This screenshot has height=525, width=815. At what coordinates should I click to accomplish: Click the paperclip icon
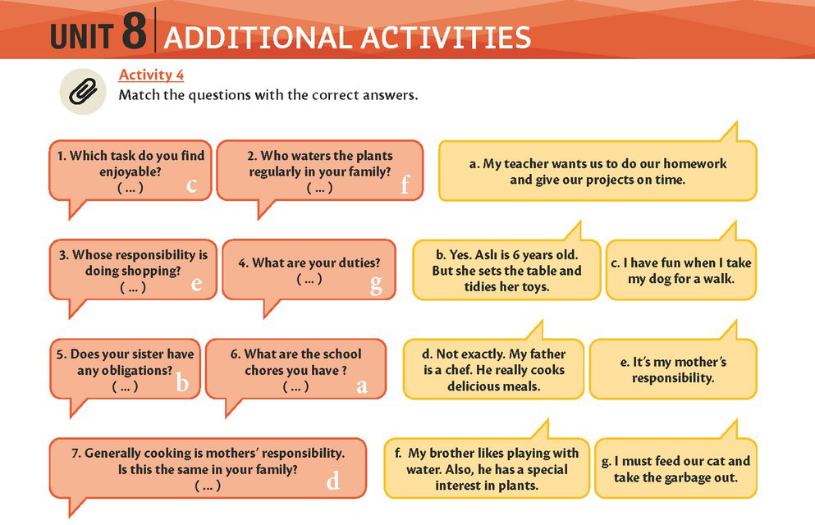[x=83, y=91]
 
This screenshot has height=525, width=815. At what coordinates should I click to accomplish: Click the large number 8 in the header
[x=135, y=31]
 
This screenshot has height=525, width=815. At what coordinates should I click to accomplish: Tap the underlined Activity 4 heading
[x=151, y=75]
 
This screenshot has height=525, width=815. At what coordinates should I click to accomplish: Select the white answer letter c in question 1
[x=192, y=185]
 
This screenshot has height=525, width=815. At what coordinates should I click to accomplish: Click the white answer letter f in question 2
[x=405, y=184]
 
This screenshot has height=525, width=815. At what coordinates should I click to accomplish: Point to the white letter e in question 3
[x=196, y=284]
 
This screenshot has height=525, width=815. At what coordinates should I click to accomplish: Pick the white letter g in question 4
[x=376, y=285]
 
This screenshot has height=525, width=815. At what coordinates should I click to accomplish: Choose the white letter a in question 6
[x=362, y=386]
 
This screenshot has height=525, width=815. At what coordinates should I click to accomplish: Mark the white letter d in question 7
[x=332, y=481]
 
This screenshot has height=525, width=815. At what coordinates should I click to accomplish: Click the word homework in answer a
[x=695, y=163]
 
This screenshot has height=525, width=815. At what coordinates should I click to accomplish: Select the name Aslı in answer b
[x=486, y=255]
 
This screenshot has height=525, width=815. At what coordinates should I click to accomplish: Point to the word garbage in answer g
[x=686, y=478]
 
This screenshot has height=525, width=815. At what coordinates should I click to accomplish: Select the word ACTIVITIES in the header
[x=446, y=38]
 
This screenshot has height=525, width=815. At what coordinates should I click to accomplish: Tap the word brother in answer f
[x=449, y=454]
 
